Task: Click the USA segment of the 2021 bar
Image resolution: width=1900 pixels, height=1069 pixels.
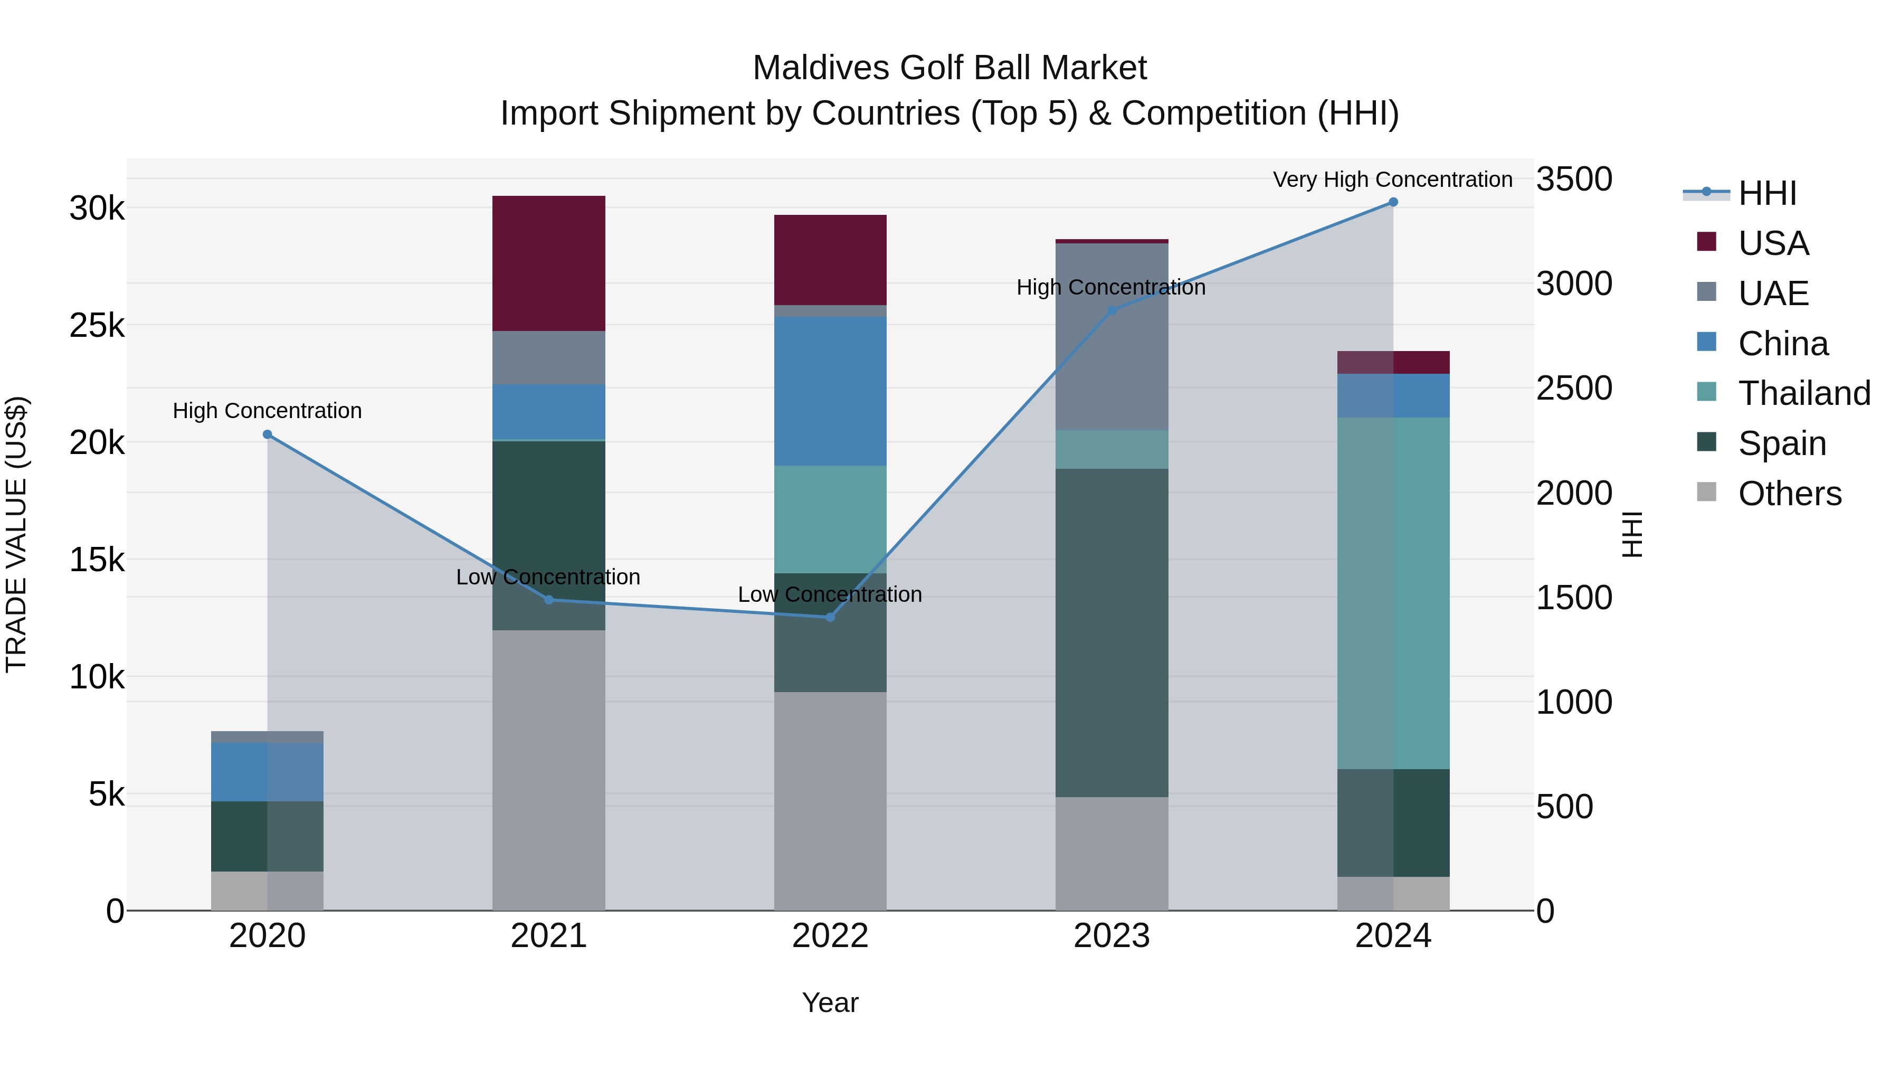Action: [x=549, y=263]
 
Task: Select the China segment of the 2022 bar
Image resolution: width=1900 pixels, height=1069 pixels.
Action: [x=830, y=391]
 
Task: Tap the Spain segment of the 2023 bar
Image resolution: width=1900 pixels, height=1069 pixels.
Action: [x=1111, y=632]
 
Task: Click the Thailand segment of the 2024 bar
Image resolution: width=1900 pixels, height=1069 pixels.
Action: [x=1393, y=593]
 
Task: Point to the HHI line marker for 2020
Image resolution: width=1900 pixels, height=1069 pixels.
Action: [x=268, y=434]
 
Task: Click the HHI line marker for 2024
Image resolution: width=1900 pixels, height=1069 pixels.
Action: [x=1393, y=202]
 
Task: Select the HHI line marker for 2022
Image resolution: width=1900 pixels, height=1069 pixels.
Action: [x=830, y=618]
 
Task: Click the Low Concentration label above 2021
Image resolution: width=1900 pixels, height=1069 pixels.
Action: [x=548, y=577]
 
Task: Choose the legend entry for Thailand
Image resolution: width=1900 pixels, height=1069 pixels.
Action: [x=1804, y=393]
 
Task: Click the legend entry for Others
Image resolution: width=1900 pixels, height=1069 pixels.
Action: [x=1789, y=494]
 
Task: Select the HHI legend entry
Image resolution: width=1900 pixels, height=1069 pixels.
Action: [x=1766, y=193]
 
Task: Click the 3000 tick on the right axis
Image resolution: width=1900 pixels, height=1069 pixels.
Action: [x=1574, y=284]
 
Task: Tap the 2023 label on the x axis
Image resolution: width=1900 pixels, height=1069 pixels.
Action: [x=1111, y=936]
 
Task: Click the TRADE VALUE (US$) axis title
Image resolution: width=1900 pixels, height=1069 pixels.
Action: [x=16, y=534]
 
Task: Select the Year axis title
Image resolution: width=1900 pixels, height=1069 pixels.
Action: [x=830, y=1002]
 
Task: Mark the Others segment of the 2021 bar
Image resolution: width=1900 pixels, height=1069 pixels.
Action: [x=549, y=770]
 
